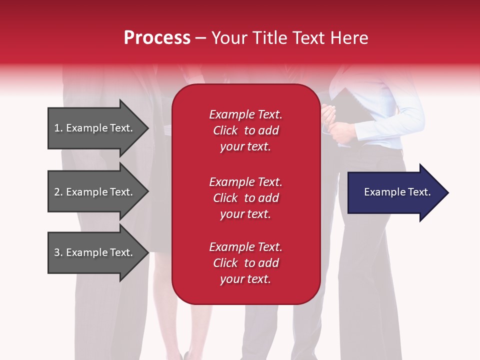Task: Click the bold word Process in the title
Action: point(157,38)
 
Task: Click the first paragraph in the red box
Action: point(245,130)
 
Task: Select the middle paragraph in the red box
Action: point(245,198)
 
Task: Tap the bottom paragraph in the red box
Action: point(245,263)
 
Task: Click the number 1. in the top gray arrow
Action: point(58,128)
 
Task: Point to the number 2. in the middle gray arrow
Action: point(58,192)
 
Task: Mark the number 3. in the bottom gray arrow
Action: point(58,252)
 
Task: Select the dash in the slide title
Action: point(200,38)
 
